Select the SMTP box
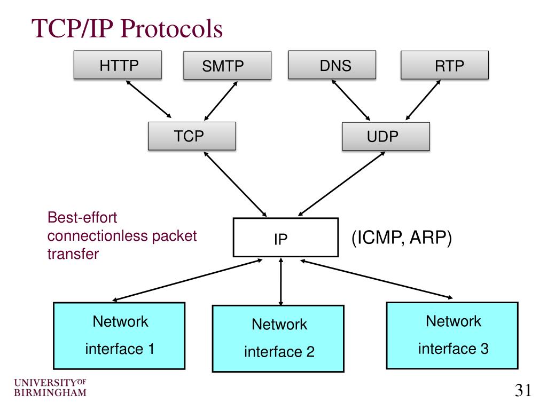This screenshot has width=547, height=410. (x=226, y=66)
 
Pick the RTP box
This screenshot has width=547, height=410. (x=444, y=66)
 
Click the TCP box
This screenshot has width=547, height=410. (x=192, y=136)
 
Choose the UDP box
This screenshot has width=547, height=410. (x=385, y=137)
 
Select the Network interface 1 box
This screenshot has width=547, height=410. (x=120, y=335)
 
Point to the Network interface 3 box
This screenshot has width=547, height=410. (x=452, y=335)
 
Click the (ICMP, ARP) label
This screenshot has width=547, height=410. (x=401, y=238)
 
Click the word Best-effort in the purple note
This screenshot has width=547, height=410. (x=82, y=218)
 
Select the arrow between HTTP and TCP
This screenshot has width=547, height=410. (x=148, y=99)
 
